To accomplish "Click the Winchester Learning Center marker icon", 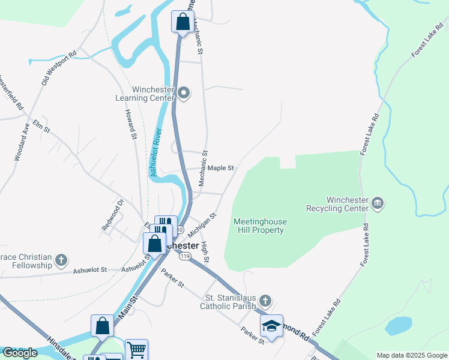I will coord(184,92).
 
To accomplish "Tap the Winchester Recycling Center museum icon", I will coord(378,203).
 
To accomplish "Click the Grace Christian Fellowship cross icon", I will coord(61,260).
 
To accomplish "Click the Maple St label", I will coord(221,169).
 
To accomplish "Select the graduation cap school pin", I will coord(271,326).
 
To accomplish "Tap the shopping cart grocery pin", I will coord(137,349).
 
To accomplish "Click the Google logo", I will coord(20,353).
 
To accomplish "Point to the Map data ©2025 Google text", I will coord(411,355).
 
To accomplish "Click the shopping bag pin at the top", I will coord(182,22).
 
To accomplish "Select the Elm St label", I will coord(41,124).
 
